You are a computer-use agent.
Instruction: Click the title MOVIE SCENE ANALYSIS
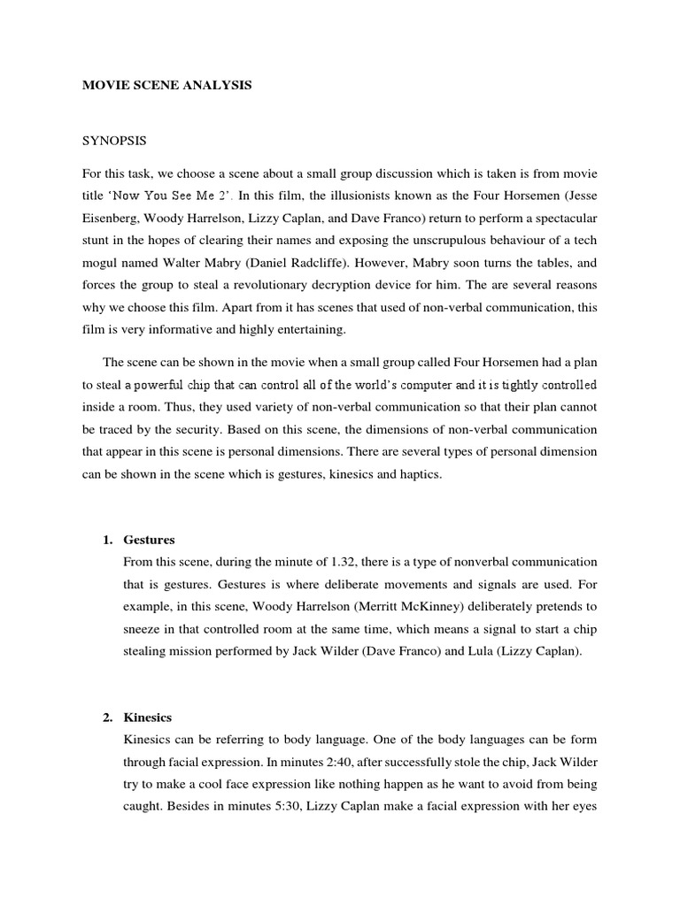point(167,86)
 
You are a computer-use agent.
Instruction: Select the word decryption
point(407,285)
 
